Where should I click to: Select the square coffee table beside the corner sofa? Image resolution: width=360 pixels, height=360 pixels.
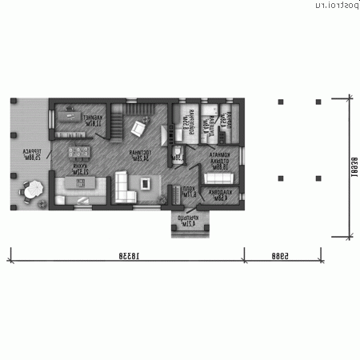click(x=146, y=183)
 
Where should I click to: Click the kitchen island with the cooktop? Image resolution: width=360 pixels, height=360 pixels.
click(x=80, y=186)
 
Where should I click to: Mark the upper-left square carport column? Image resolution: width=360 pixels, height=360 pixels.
click(x=280, y=102)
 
